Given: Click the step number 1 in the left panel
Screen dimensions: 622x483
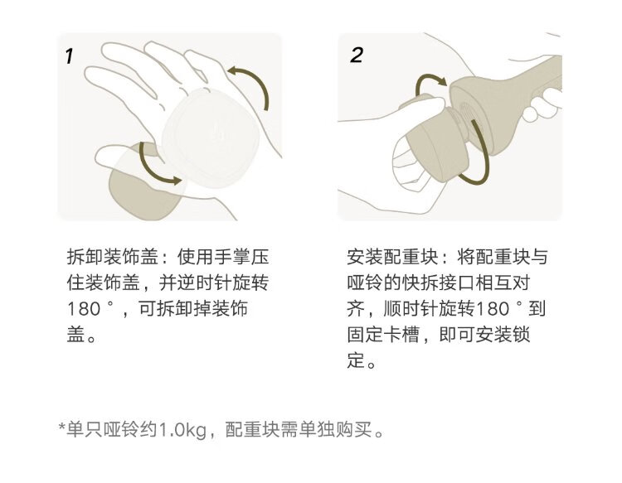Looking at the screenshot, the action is (70, 56).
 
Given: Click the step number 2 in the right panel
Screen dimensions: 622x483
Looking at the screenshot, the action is (357, 55).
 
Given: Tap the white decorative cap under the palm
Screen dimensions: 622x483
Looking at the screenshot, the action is (211, 138).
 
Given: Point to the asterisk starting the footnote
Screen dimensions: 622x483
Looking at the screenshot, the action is (62, 427).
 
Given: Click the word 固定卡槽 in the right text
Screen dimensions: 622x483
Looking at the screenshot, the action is (383, 335).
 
